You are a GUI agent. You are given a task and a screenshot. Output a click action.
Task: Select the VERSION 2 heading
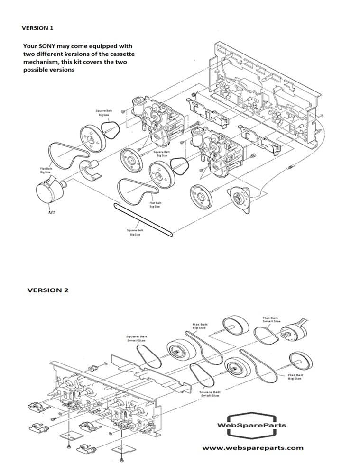(47, 290)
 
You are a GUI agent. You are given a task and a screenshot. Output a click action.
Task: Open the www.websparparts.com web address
(252, 447)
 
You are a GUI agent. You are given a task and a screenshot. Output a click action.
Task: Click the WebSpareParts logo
(251, 425)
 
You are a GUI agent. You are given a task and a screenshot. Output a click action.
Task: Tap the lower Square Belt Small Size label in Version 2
(209, 394)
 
